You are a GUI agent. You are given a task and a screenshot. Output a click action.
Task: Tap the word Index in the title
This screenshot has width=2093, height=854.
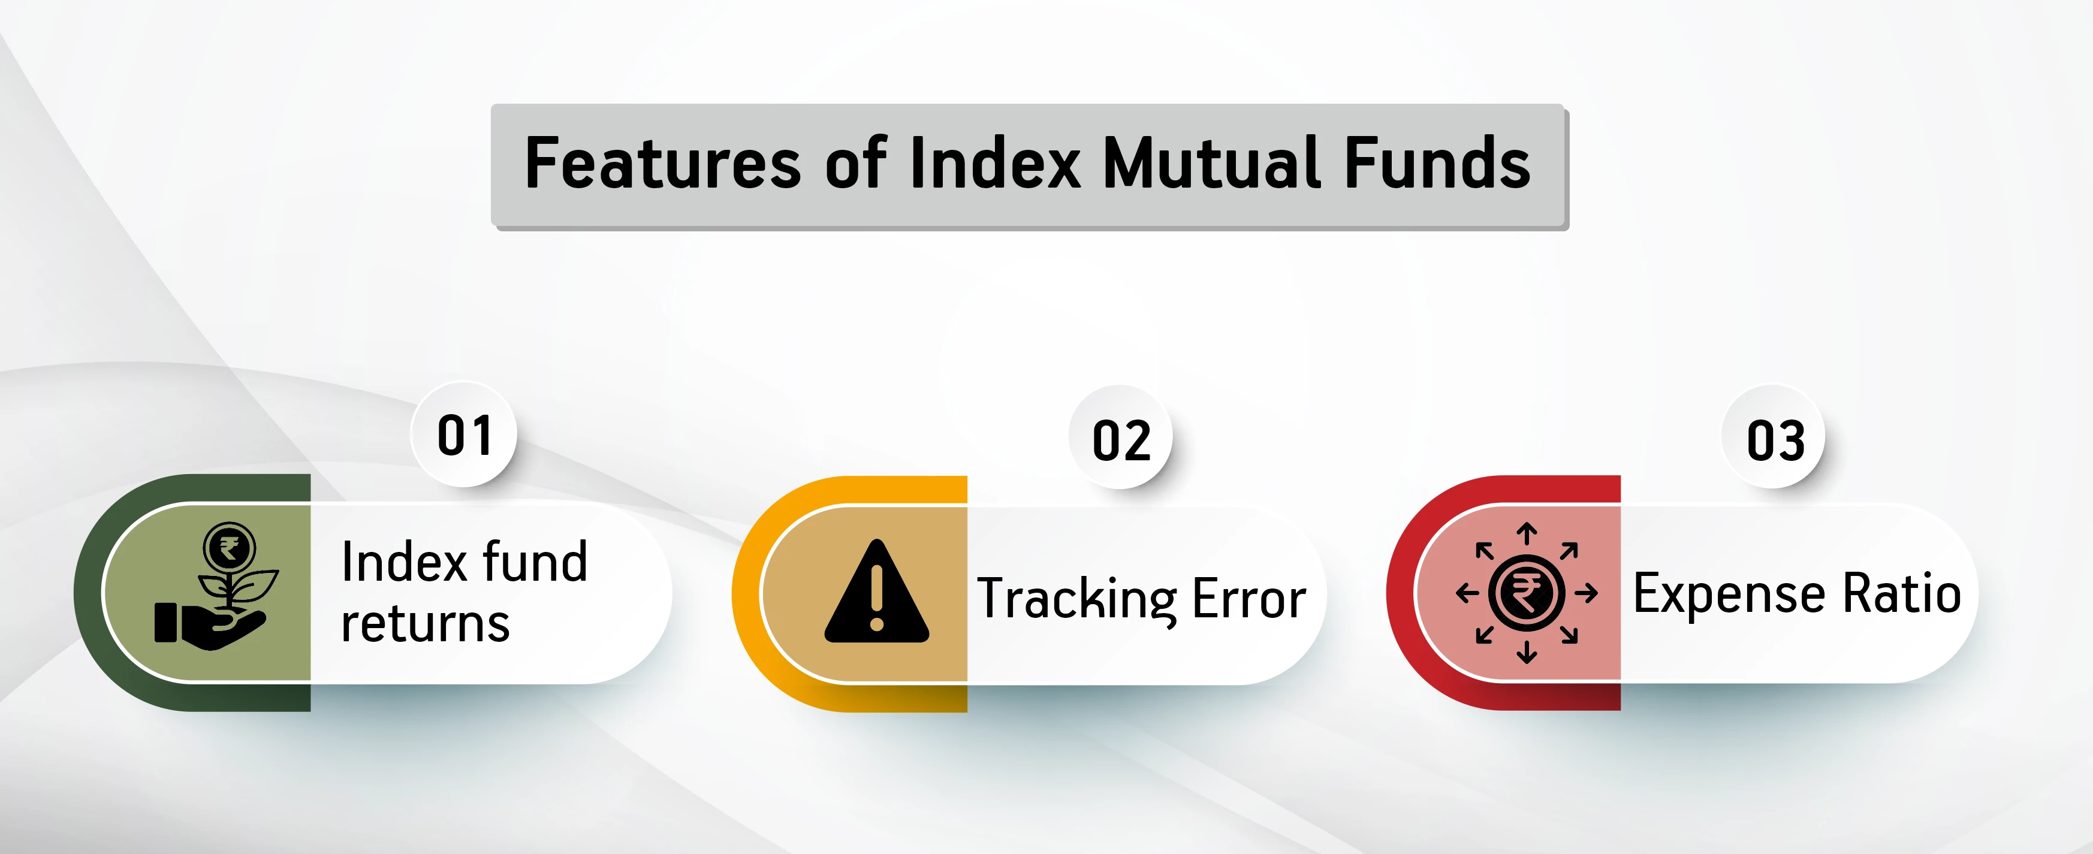coord(996,164)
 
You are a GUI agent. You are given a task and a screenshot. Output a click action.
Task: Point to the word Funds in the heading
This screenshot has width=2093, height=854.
coord(1437,164)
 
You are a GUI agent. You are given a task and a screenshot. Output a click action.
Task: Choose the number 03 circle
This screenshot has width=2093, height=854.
coord(1775,440)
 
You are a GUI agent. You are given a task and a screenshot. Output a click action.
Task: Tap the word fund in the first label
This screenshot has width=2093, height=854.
coord(534,562)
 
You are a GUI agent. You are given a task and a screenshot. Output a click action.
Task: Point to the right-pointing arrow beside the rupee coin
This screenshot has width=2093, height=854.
coord(1585,593)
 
